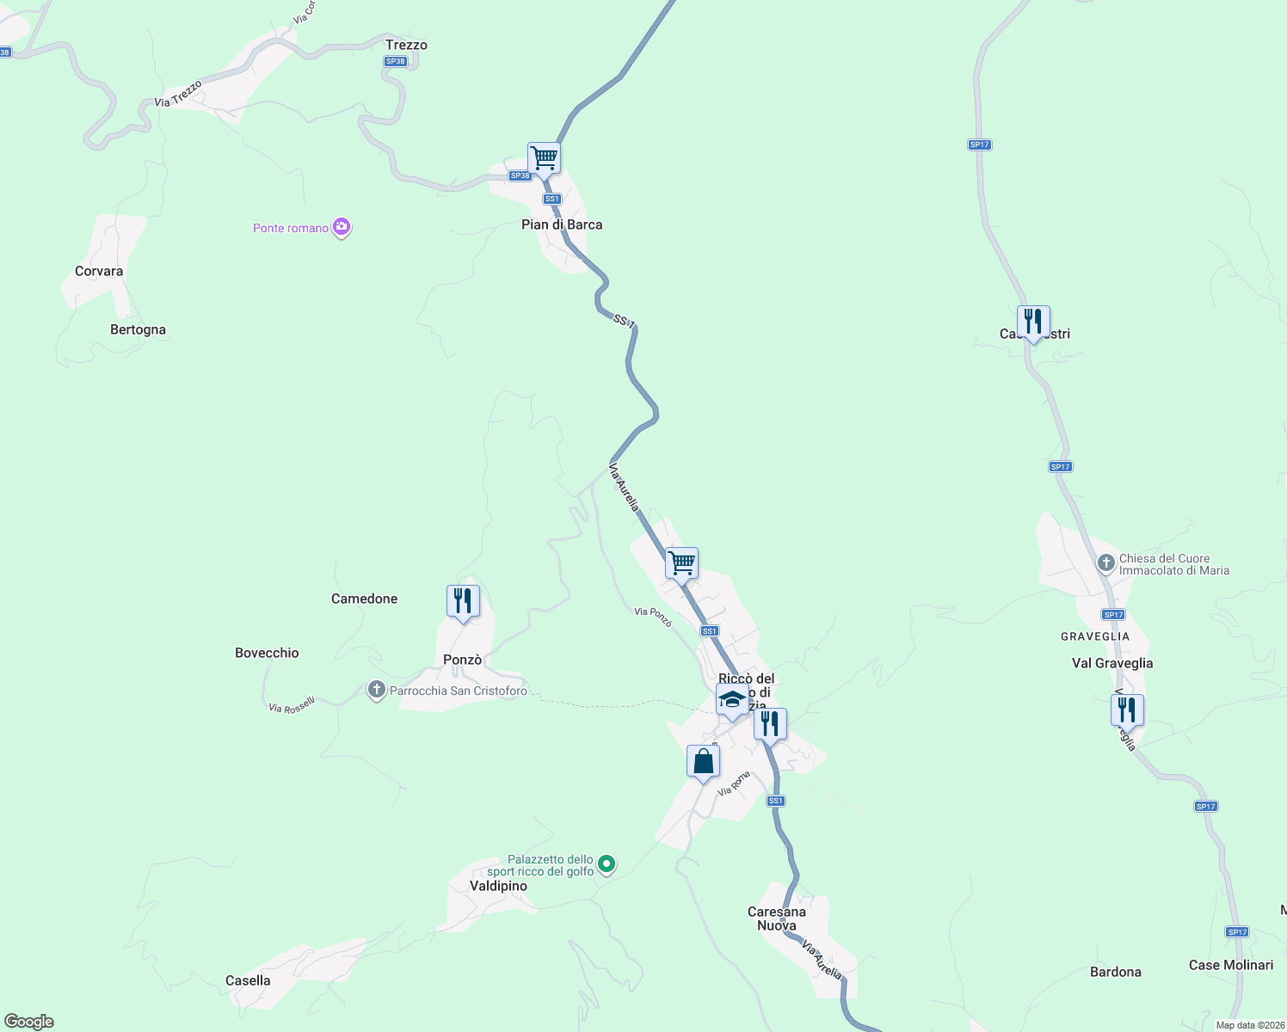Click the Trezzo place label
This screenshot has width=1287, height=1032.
406,45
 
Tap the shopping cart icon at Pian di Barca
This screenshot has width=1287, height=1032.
544,158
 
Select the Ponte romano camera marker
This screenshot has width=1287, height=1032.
342,227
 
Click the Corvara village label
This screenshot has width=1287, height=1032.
99,271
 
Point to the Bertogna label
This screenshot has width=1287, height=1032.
138,329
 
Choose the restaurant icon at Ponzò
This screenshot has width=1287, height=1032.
463,601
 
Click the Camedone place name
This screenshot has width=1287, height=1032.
364,599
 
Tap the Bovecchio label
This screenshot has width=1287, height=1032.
267,653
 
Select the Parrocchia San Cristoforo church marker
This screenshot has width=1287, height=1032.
376,690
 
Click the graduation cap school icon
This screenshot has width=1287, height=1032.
732,700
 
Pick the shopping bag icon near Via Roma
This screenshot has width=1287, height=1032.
703,762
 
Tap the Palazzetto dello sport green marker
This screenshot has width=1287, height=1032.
607,863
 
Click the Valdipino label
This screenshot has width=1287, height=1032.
498,886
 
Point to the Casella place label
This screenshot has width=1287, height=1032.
248,980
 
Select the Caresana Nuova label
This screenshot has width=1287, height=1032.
777,918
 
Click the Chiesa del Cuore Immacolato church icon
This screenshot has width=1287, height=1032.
1106,563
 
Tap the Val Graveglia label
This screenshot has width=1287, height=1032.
1112,663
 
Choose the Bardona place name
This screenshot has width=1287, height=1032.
1115,972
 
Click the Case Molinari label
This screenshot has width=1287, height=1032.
1231,965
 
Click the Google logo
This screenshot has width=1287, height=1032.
28,1022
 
